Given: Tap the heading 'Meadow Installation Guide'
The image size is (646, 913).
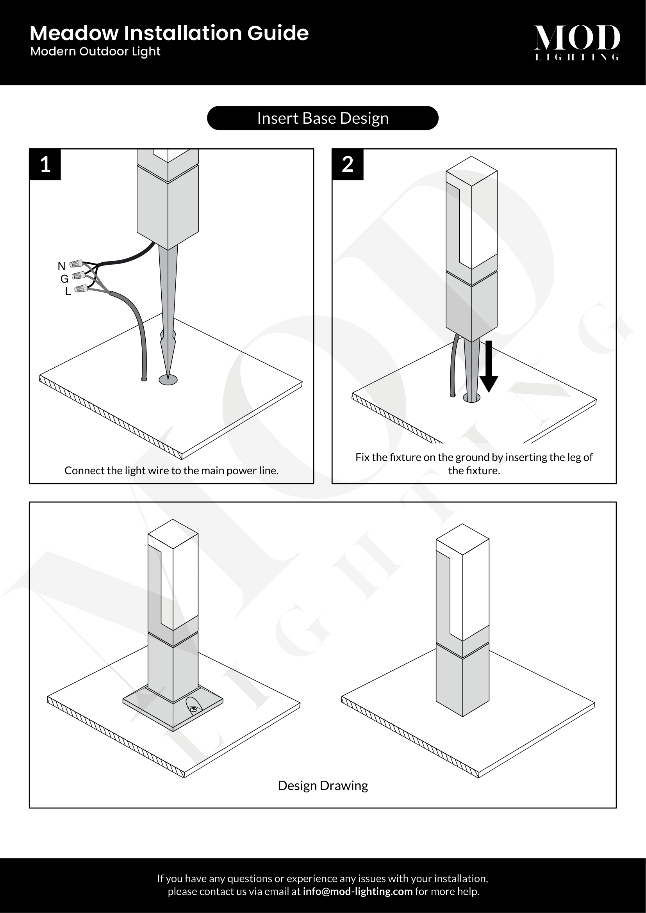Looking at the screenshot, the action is pyautogui.click(x=169, y=33).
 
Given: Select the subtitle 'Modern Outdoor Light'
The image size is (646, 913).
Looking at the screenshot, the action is pyautogui.click(x=95, y=52).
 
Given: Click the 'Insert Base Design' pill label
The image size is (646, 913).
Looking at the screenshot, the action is pyautogui.click(x=323, y=118).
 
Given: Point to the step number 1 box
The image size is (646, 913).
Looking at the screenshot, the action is pyautogui.click(x=45, y=164).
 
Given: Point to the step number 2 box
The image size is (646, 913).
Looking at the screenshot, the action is pyautogui.click(x=348, y=164).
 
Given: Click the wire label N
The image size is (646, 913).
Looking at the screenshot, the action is pyautogui.click(x=61, y=266).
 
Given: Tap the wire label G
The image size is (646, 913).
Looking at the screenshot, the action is pyautogui.click(x=64, y=279).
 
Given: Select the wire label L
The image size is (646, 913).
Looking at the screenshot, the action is pyautogui.click(x=68, y=292).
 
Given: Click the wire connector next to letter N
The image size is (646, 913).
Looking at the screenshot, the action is pyautogui.click(x=77, y=263).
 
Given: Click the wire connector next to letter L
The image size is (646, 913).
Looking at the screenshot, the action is pyautogui.click(x=81, y=289).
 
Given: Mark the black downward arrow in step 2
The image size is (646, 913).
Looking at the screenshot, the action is pyautogui.click(x=489, y=366).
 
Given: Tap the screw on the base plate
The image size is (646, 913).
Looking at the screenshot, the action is pyautogui.click(x=194, y=709).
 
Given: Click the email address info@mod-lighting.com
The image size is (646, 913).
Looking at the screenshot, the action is pyautogui.click(x=358, y=891).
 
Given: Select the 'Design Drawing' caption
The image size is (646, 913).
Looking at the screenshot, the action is pyautogui.click(x=323, y=785).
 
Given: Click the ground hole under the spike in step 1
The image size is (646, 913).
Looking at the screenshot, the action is pyautogui.click(x=168, y=380).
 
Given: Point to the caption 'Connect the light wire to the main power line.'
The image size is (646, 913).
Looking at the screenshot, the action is pyautogui.click(x=171, y=470).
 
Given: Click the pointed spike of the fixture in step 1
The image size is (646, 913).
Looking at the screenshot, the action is pyautogui.click(x=168, y=314).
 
